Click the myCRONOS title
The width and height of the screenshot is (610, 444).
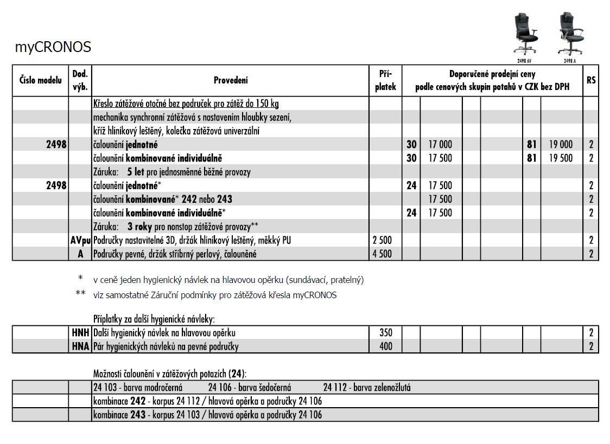53,48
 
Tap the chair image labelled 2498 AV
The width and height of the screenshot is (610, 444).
526,34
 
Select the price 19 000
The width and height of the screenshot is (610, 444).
560,144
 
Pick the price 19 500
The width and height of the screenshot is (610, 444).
560,158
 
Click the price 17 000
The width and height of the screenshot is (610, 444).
440,144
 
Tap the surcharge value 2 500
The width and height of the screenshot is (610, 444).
382,240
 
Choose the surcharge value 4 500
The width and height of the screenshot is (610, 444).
382,254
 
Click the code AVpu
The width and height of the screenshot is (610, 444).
80,240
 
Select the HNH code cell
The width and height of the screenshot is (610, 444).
80,332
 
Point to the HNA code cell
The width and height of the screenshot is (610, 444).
80,346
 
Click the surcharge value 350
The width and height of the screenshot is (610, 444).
385,332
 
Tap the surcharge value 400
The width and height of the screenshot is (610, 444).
385,346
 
